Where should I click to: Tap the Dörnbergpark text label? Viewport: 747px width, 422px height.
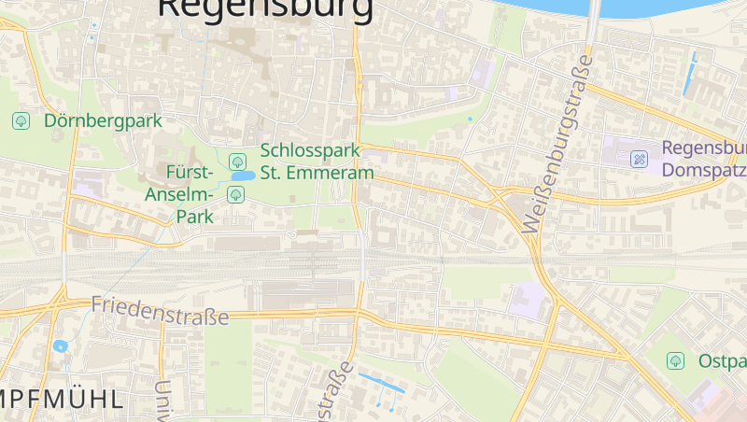point(103,120)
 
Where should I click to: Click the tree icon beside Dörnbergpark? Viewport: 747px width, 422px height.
point(21,120)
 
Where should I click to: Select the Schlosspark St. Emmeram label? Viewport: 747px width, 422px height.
point(317,161)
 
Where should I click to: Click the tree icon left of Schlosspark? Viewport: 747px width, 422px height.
point(236,162)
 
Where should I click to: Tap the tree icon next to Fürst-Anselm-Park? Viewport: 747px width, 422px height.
point(236,194)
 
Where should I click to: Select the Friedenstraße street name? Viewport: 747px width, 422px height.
point(160,311)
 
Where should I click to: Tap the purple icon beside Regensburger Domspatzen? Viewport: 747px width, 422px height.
point(640,159)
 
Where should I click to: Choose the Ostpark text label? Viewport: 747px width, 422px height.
point(722,360)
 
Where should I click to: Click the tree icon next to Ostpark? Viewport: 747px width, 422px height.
point(675,360)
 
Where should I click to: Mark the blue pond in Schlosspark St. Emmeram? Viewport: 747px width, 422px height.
point(243,176)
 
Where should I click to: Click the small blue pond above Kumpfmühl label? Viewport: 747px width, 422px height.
point(61,346)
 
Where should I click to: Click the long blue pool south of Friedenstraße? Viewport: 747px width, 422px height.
point(382,382)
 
